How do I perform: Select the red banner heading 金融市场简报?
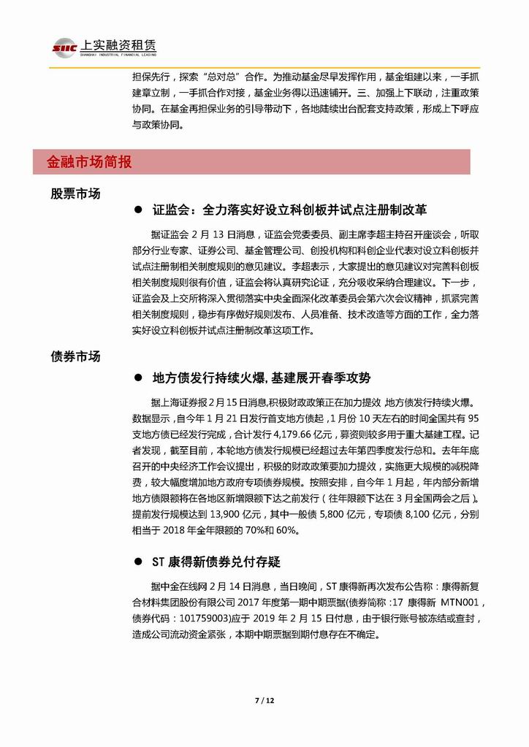(89, 162)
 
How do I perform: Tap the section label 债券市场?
(75, 356)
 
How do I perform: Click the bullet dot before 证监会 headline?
(137, 210)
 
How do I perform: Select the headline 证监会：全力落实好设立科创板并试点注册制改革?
(289, 210)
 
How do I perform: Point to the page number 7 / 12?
(264, 700)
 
